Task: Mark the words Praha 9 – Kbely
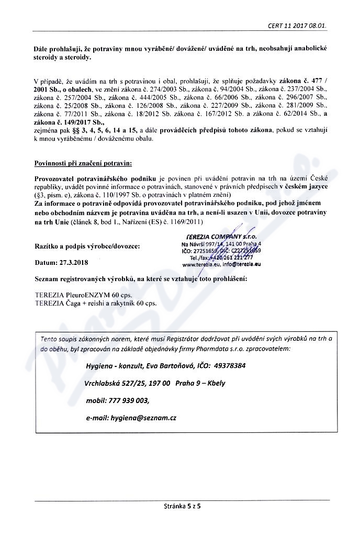pyautogui.click(x=201, y=383)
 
